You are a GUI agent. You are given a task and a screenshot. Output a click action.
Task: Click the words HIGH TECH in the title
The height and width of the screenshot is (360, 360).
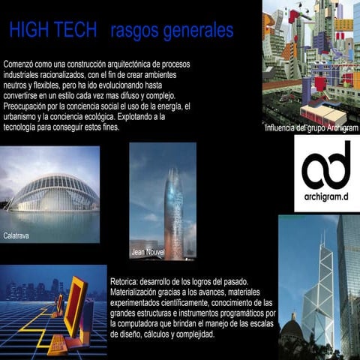[x=53, y=30]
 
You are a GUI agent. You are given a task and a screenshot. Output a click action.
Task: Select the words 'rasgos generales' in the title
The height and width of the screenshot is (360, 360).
[x=171, y=30]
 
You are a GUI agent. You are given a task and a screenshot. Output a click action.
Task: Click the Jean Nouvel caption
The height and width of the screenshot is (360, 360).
[x=147, y=252]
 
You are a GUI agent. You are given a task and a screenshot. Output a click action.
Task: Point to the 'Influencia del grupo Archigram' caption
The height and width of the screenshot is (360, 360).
[x=311, y=128]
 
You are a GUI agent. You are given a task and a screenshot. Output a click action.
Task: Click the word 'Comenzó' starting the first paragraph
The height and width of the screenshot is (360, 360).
[x=20, y=64]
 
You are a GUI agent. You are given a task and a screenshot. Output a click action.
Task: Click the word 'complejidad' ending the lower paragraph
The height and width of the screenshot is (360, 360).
[x=193, y=334]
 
